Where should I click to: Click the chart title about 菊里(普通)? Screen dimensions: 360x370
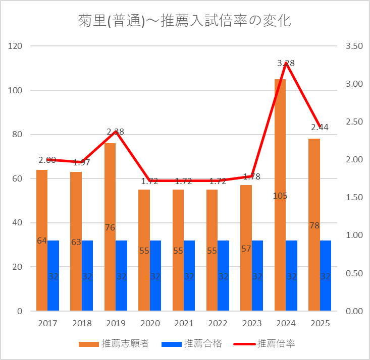[185, 21]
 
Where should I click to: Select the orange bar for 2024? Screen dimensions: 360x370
[280, 151]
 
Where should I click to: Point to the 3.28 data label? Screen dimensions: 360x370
[286, 64]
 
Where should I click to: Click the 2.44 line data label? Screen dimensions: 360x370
[320, 127]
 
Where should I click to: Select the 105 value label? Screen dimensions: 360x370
[280, 196]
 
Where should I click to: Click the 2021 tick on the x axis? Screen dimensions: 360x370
[184, 323]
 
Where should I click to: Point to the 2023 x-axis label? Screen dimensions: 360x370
[252, 323]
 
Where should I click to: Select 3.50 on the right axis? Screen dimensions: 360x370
[354, 46]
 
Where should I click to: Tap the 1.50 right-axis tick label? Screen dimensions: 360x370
[354, 198]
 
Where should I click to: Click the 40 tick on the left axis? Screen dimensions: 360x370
[18, 223]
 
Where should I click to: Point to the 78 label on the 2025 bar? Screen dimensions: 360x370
[314, 225]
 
